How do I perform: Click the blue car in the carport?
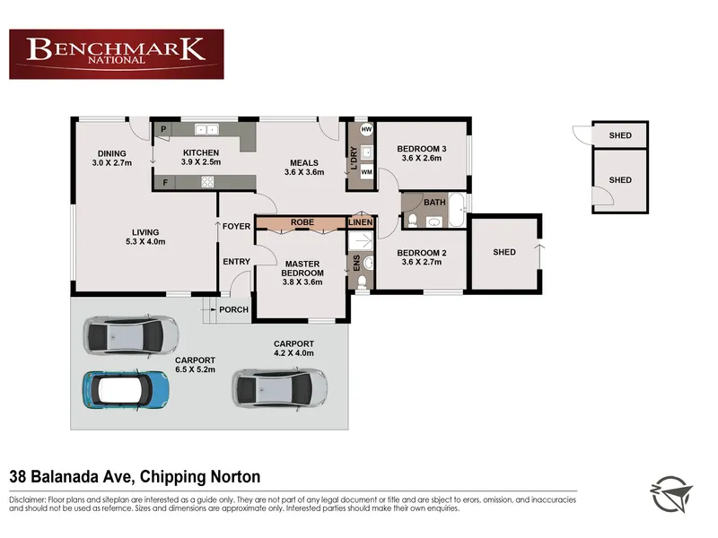click(126, 390)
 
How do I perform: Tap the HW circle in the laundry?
click(366, 129)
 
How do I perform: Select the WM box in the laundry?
click(366, 172)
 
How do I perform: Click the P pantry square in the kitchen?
click(163, 129)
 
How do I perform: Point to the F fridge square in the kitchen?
click(165, 183)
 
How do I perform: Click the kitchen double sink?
click(206, 130)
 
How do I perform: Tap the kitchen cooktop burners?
click(207, 182)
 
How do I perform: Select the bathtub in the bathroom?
click(457, 210)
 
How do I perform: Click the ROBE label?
click(302, 222)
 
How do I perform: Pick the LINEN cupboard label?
click(361, 222)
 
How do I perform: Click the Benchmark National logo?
click(117, 55)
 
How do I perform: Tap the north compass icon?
click(671, 494)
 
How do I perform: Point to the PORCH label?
click(233, 309)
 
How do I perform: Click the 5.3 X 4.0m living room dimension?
click(145, 241)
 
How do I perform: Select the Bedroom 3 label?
click(421, 149)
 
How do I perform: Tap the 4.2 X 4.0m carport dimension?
click(293, 353)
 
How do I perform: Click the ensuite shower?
click(361, 240)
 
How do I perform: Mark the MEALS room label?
click(304, 163)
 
